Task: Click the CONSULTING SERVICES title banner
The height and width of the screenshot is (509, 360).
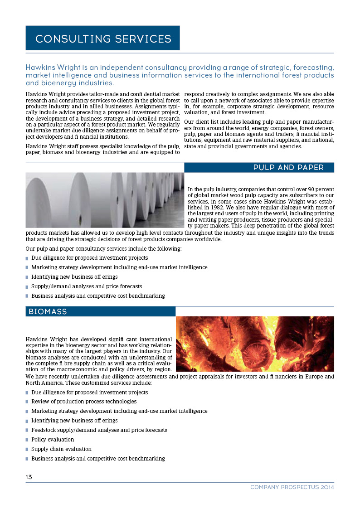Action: click(103, 39)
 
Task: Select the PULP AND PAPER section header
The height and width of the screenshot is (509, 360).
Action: click(288, 168)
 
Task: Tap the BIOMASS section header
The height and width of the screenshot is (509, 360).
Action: click(48, 312)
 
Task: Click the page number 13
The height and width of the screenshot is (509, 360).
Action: click(29, 477)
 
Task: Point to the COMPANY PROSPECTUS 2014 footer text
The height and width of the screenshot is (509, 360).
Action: click(292, 487)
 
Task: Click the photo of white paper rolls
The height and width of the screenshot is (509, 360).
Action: click(105, 200)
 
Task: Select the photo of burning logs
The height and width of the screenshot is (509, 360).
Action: click(254, 344)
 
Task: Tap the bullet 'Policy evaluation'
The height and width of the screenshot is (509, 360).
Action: click(53, 440)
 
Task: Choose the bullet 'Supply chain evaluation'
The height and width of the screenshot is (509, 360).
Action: click(61, 449)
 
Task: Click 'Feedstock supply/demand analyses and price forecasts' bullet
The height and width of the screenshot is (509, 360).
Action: click(99, 430)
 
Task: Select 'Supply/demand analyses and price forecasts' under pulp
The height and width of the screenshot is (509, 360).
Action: click(86, 286)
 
